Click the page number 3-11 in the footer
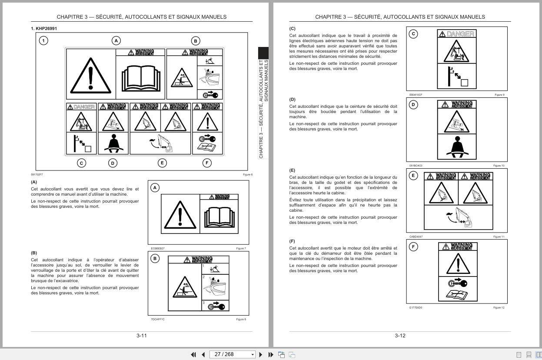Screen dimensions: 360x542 click(142, 336)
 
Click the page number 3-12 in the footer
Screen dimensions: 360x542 click(400, 336)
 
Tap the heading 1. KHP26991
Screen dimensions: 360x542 click(44, 29)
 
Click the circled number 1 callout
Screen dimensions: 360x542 click(43, 41)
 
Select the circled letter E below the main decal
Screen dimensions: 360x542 click(162, 163)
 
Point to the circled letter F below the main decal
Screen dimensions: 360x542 click(207, 163)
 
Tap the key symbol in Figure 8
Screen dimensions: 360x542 click(216, 306)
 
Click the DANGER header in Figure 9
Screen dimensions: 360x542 click(456, 34)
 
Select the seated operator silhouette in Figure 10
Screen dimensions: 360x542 click(457, 148)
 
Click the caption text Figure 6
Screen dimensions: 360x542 click(248, 175)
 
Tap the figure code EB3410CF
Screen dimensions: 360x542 click(416, 95)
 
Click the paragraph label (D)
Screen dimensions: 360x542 click(292, 100)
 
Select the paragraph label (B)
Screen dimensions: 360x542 click(34, 253)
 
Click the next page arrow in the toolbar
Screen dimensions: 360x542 click(261, 354)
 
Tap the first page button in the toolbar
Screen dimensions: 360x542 click(193, 354)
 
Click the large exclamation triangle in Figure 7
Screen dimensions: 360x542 click(180, 215)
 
